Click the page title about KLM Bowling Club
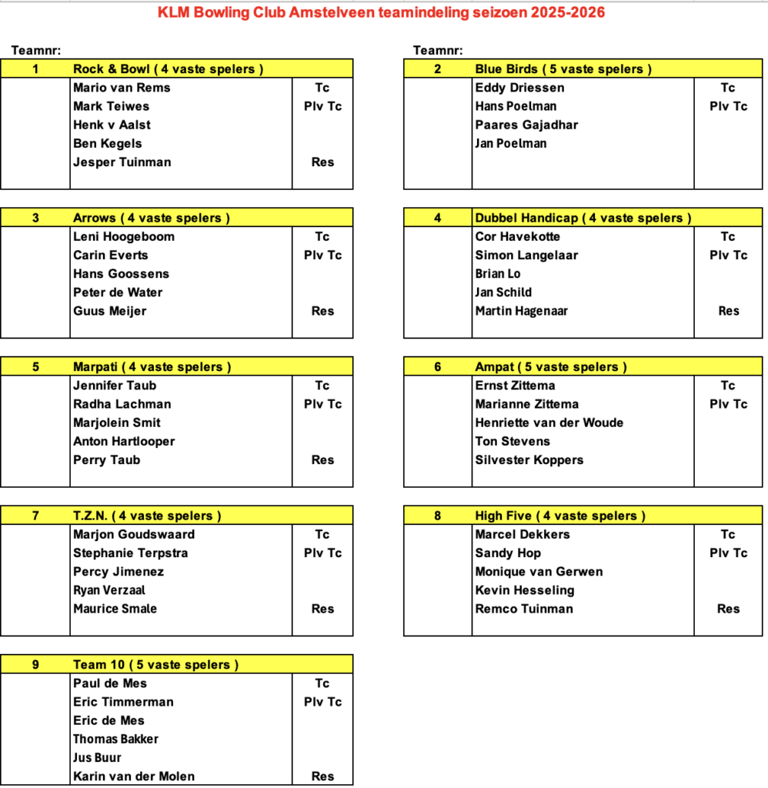click(381, 12)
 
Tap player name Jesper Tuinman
click(122, 162)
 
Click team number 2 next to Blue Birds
click(437, 69)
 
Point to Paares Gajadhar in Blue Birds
click(526, 125)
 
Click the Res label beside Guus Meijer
click(322, 311)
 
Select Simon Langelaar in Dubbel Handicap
click(526, 255)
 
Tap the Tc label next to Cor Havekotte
click(728, 236)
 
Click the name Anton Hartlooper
click(124, 441)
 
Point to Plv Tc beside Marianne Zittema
click(728, 404)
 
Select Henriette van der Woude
click(549, 422)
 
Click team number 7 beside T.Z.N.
click(35, 516)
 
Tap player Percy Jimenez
click(118, 572)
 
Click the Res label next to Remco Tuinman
click(728, 609)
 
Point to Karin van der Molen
click(134, 776)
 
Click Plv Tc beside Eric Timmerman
click(322, 702)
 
